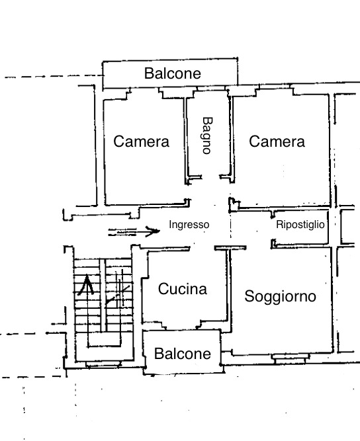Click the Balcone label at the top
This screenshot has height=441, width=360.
pos(172,73)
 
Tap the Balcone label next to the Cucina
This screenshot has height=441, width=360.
pos(182,354)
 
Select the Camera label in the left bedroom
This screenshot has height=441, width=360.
pos(142,141)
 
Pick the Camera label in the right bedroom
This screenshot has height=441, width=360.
pos(277,141)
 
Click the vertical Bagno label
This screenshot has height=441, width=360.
pos(206,136)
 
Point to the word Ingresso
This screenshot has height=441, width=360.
pos(189,225)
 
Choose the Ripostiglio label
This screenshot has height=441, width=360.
pos(300,225)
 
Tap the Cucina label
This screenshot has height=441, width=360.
pos(182,289)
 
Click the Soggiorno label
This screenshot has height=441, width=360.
pos(281,296)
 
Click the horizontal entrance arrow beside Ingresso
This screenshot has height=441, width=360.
pos(135,231)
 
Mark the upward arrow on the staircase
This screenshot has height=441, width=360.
pos(84,286)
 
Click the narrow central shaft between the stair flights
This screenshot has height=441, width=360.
pos(103,298)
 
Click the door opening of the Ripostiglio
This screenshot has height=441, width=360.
pos(273,229)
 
